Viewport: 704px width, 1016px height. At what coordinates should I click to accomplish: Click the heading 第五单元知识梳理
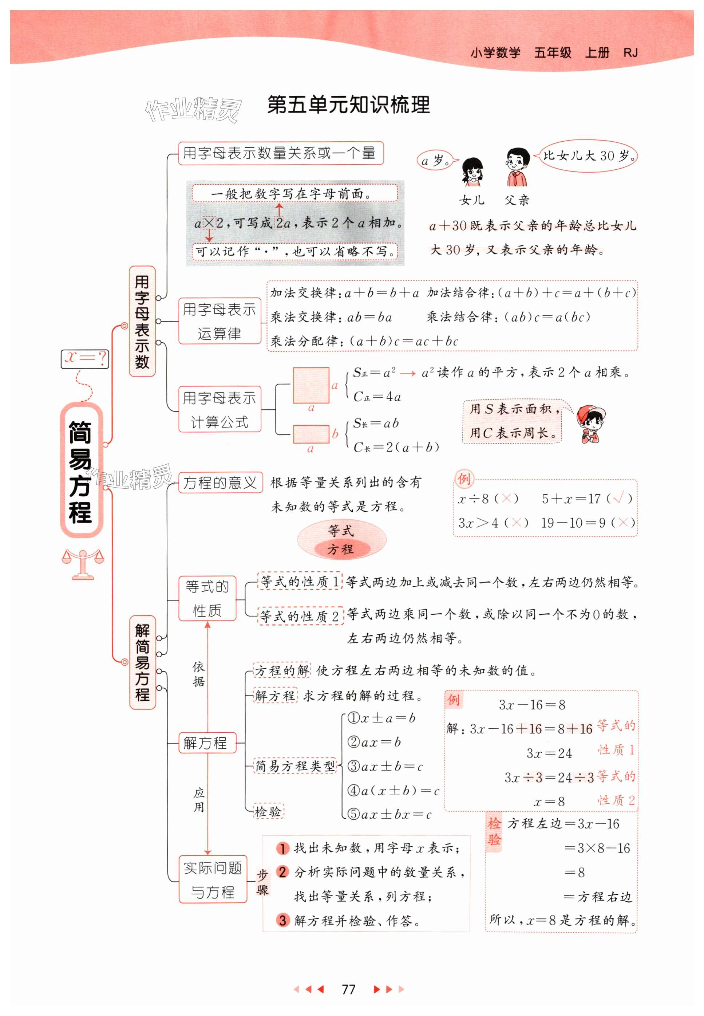pyautogui.click(x=348, y=105)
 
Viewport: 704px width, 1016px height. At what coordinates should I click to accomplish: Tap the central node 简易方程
pyautogui.click(x=80, y=471)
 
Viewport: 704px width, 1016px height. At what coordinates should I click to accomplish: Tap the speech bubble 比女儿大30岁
pyautogui.click(x=589, y=156)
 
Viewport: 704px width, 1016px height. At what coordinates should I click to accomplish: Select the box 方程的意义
pyautogui.click(x=220, y=482)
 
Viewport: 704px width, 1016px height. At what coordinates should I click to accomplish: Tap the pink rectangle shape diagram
pyautogui.click(x=311, y=434)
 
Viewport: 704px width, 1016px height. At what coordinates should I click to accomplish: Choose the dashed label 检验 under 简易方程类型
pyautogui.click(x=268, y=811)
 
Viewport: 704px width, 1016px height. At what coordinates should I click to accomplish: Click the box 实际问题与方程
pyautogui.click(x=213, y=879)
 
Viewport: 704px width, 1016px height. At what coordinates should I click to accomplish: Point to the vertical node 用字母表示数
pyautogui.click(x=142, y=321)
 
